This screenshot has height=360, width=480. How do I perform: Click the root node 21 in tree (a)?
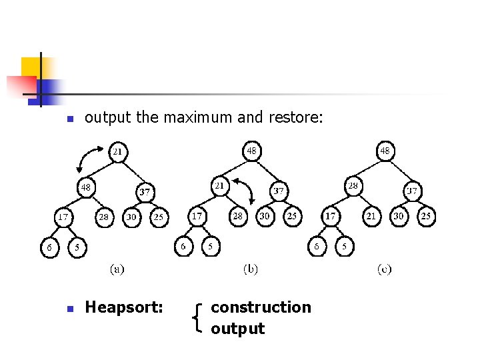(x=117, y=151)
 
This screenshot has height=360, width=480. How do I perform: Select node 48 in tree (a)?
(x=85, y=187)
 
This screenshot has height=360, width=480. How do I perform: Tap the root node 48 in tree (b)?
(x=251, y=151)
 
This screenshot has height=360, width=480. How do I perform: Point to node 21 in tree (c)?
(x=371, y=217)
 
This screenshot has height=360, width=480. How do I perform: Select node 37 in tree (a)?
(x=145, y=192)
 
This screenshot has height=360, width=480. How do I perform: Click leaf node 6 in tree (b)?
(x=183, y=246)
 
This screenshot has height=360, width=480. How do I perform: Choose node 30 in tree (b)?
(x=265, y=217)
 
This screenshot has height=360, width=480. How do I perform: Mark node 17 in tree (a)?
(x=63, y=217)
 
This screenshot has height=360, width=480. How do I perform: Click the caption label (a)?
(x=117, y=269)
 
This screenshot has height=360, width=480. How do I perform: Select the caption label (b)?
(x=251, y=269)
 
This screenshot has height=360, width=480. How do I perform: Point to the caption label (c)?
(x=385, y=269)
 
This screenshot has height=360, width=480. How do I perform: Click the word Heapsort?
(x=124, y=307)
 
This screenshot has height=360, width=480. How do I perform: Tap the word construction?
(x=261, y=307)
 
